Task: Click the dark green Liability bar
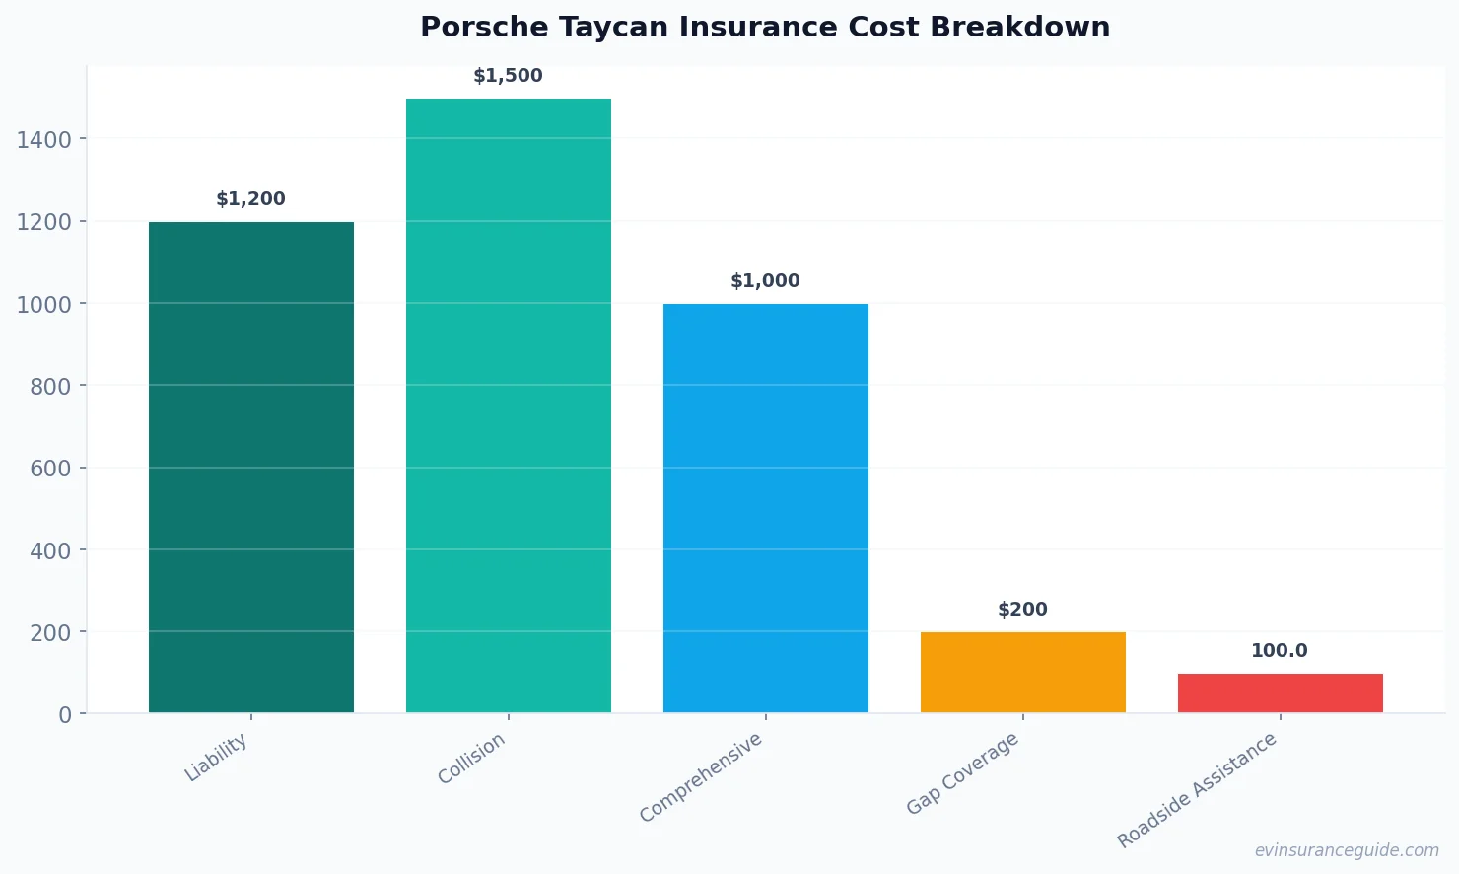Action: point(251,467)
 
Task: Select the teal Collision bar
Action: point(509,405)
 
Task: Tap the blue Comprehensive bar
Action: point(766,508)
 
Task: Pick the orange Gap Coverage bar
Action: point(1023,672)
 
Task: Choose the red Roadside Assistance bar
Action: point(1281,692)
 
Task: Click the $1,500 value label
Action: point(508,76)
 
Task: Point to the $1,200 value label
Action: point(250,199)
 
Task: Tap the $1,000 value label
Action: point(765,281)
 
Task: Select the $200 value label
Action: point(1022,610)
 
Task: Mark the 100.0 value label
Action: point(1280,651)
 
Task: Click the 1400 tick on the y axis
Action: point(44,140)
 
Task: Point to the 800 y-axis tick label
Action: point(50,387)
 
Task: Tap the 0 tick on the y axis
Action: point(65,715)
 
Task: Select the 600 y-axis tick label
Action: point(50,469)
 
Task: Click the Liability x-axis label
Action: point(217,758)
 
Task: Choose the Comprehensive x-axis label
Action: point(701,777)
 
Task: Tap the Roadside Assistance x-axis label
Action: point(1197,790)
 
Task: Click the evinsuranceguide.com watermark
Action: point(1347,850)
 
